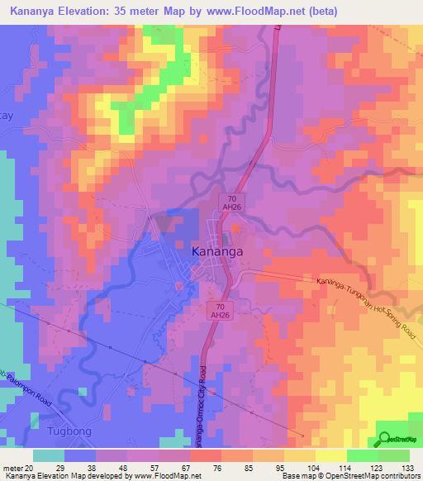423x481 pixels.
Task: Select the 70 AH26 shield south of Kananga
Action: pyautogui.click(x=214, y=309)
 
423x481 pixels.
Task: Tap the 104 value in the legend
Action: pyautogui.click(x=309, y=468)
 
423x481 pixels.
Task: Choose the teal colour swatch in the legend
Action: pyautogui.click(x=49, y=455)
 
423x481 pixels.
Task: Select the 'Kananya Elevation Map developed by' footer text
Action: pyautogui.click(x=63, y=477)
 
